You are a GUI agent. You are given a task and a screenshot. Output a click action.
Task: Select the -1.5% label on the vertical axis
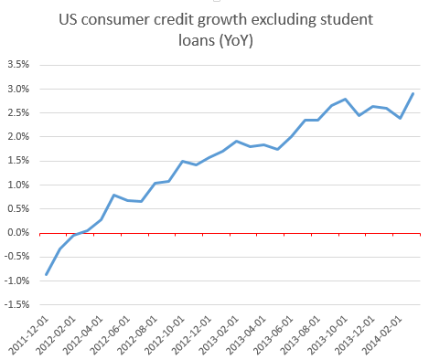17,304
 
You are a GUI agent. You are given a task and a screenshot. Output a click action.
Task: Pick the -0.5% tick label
17,257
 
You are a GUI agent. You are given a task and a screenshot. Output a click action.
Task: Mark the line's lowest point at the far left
46,274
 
